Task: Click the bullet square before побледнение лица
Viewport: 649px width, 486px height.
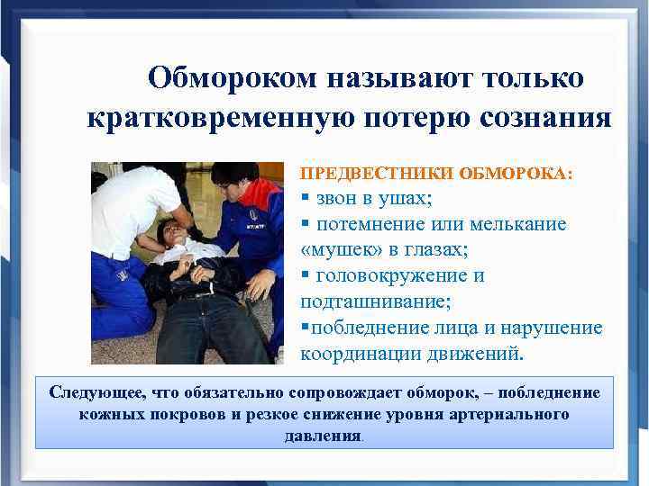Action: [305, 326]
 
